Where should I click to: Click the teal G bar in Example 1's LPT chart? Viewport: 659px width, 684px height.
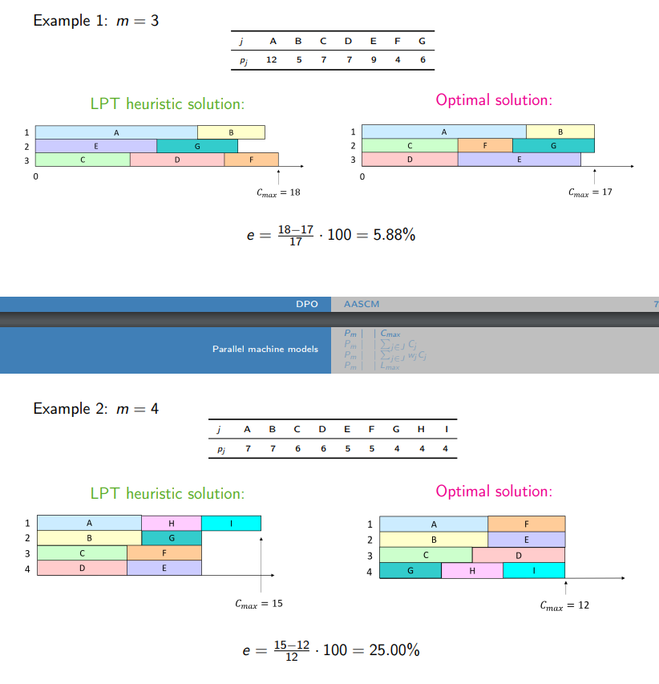(x=197, y=146)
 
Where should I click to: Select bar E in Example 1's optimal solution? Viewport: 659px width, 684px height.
(x=519, y=160)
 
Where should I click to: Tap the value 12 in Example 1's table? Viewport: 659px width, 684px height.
(x=272, y=59)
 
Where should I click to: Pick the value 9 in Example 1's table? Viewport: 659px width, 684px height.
(x=374, y=59)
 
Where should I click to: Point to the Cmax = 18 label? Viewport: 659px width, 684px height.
(x=278, y=192)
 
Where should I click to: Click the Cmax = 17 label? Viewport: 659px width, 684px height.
(x=590, y=192)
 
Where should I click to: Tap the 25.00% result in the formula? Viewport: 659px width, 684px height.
(x=394, y=650)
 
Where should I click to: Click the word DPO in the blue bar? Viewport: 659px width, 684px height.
(x=308, y=305)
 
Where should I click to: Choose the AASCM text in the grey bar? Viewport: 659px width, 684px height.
(x=362, y=305)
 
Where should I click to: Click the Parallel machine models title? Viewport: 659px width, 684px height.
(x=265, y=349)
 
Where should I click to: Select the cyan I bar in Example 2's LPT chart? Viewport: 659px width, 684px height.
(x=231, y=524)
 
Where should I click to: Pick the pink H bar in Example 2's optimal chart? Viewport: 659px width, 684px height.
(x=472, y=571)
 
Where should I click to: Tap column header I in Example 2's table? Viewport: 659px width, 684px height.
(x=445, y=429)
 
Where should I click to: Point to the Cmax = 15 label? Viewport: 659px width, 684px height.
(x=259, y=604)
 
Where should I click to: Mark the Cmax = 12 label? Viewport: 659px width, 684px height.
(x=565, y=605)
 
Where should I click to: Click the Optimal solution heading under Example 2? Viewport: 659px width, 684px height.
(x=494, y=491)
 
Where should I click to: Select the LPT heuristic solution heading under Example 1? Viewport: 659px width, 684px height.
(x=167, y=104)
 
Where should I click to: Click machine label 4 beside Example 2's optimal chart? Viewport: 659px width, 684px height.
(x=370, y=572)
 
